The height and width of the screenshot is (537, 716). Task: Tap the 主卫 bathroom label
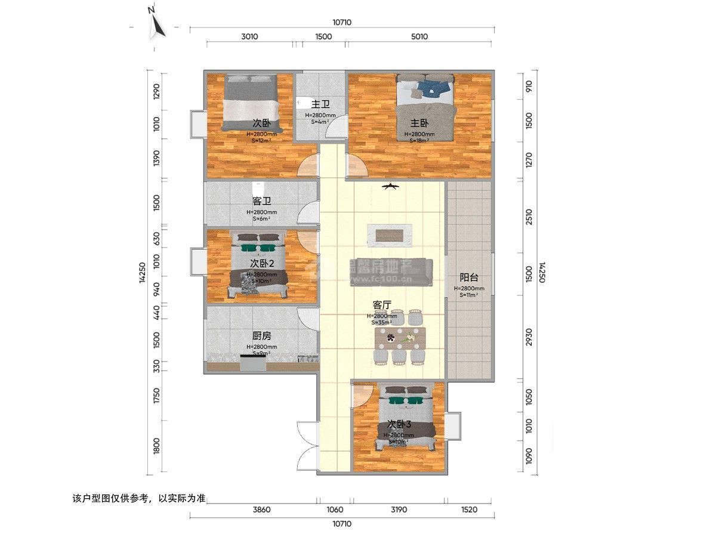tap(320, 104)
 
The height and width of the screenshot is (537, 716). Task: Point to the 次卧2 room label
tap(261, 263)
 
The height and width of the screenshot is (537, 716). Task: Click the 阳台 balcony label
tap(469, 277)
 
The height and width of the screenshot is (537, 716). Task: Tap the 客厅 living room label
tap(381, 305)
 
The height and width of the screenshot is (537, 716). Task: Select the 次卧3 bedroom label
tap(399, 424)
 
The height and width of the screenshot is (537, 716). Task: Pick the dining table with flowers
tap(400, 339)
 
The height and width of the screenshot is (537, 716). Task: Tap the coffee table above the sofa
tap(391, 234)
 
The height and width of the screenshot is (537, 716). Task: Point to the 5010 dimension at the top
tap(419, 36)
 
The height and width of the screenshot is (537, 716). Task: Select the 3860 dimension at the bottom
tap(261, 510)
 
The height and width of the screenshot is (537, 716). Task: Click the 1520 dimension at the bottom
tap(470, 510)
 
